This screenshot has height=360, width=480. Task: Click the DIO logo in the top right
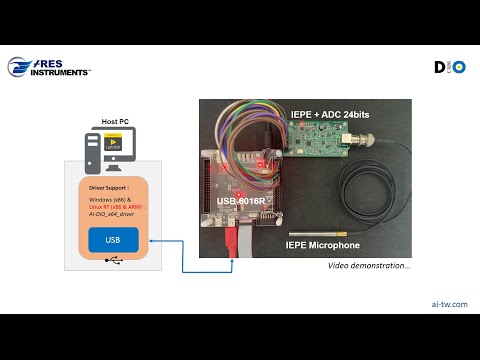point(449,68)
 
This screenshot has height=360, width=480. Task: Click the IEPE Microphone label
point(322,244)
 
